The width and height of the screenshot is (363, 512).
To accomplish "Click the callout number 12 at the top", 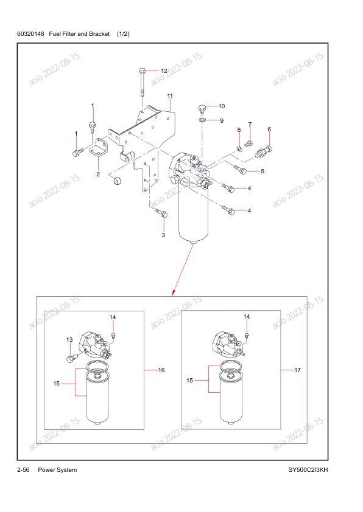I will pos(164,71).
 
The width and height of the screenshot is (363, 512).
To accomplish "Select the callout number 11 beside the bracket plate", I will pos(170,96).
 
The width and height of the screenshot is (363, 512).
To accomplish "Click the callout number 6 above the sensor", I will pos(269,129).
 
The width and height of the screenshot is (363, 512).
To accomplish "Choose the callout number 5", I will pos(263,171).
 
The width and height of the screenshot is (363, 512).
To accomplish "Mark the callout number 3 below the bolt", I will pos(163,235).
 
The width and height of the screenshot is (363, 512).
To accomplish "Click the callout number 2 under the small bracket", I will pos(97,175).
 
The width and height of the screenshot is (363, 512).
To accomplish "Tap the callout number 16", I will pos(162,370).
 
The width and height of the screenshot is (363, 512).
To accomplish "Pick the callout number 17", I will pos(298,370).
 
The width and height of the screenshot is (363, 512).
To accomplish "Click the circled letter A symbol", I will pos(118,181).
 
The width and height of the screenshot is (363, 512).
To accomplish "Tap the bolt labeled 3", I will pos(161,213).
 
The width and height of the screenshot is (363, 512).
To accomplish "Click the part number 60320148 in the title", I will pos(32,34).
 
